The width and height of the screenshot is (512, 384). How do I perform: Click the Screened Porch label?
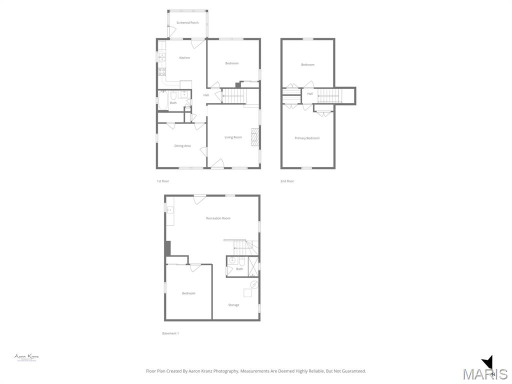click(187, 22)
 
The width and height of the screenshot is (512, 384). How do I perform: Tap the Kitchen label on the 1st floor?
click(184, 58)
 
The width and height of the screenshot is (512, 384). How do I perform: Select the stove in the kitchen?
click(162, 71)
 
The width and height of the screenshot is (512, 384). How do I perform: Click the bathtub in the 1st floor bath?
click(163, 100)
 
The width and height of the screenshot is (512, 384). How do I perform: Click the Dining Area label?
click(182, 146)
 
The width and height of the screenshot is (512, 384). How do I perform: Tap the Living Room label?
click(233, 137)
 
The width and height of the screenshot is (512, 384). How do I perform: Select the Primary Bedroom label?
click(307, 138)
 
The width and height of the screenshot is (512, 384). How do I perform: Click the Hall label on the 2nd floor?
click(310, 94)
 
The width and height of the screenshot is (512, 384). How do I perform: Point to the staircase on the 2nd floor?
click(330, 95)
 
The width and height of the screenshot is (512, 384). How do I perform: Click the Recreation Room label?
click(218, 218)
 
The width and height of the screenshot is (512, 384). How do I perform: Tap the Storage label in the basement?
click(233, 305)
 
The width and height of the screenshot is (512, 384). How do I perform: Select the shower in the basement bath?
click(253, 266)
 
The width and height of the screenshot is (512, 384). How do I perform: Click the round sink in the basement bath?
click(232, 261)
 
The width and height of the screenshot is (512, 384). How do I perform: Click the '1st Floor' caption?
click(163, 181)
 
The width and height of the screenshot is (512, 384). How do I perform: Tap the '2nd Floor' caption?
click(287, 181)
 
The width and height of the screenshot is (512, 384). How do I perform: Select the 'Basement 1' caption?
click(170, 333)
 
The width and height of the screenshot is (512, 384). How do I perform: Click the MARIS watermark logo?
click(485, 372)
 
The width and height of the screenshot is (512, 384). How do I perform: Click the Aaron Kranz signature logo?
click(26, 357)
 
